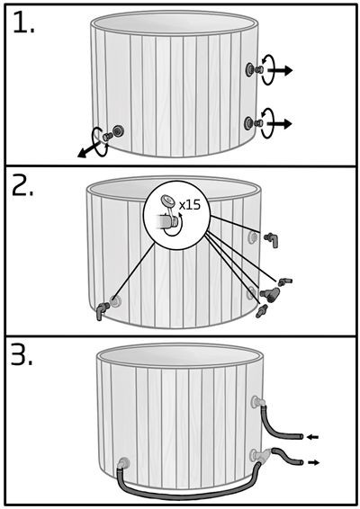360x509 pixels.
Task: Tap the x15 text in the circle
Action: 190,205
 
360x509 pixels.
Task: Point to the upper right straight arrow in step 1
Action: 280,70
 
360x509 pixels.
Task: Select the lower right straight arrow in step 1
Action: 279,124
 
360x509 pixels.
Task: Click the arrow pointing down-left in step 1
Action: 88,150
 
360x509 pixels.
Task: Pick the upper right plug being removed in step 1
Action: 259,69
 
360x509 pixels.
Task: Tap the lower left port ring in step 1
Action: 118,131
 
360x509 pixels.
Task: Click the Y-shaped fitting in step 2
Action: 269,293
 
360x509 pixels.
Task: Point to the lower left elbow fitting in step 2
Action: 102,310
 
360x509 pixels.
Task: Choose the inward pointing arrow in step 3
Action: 313,437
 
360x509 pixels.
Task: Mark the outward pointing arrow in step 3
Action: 313,462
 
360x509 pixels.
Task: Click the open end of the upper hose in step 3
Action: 301,437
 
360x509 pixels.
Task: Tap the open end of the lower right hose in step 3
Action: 301,462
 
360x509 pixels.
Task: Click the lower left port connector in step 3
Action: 123,463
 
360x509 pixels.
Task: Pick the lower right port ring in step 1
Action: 249,122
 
